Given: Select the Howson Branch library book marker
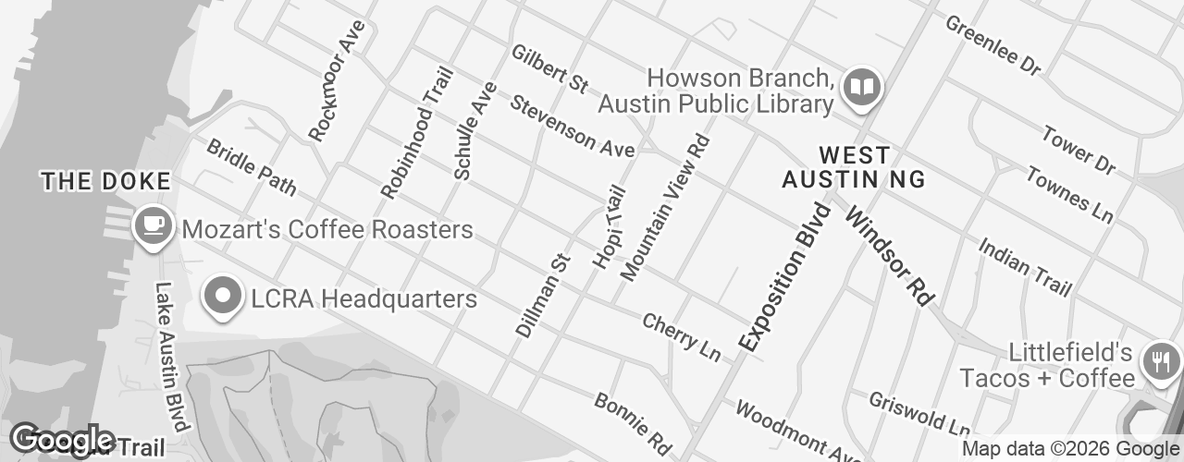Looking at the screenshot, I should pos(863,88).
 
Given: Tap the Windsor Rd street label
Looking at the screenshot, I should pos(887,256).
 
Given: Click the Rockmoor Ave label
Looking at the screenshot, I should pos(337,81).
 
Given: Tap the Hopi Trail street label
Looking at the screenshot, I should pos(610,228).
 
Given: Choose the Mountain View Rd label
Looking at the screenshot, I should pos(665,207).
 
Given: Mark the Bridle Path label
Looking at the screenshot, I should pos(251,167).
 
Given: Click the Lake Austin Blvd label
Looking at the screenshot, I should pos(172,356).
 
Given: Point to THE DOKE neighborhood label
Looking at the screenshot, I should pos(106,181).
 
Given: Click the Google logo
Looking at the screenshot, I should pos(63,439).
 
